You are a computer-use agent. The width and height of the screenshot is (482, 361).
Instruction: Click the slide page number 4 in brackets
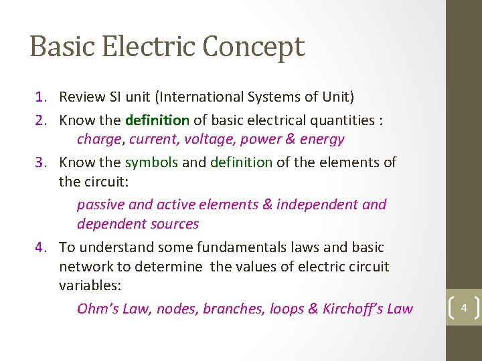pyautogui.click(x=463, y=308)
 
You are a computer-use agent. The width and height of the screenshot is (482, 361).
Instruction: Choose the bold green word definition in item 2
pyautogui.click(x=157, y=120)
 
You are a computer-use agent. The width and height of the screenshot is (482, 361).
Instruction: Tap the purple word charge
pyautogui.click(x=99, y=140)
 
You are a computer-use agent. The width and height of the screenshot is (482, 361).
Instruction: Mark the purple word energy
pyautogui.click(x=322, y=140)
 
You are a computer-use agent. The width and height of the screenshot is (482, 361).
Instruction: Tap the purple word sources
pyautogui.click(x=175, y=224)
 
